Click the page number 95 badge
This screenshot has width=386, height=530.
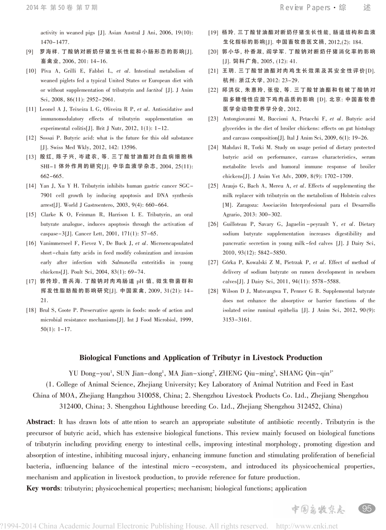(367, 509)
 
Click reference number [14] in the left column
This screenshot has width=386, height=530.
(31, 186)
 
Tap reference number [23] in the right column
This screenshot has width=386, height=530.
(213, 119)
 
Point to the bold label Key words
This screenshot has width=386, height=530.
(44, 488)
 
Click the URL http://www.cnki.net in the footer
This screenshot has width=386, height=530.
(307, 526)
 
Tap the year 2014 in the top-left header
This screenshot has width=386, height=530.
(34, 7)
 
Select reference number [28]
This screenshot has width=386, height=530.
(213, 291)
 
